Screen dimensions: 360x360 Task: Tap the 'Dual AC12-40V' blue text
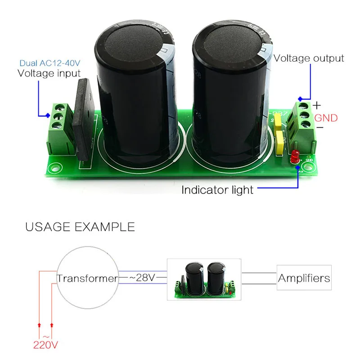49,63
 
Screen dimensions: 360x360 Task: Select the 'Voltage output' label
309,58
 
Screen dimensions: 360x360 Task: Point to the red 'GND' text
326,118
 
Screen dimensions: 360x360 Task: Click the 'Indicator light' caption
217,190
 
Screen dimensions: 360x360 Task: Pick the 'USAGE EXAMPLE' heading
80,226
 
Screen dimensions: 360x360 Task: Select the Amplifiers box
304,278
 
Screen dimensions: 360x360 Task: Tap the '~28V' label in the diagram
142,278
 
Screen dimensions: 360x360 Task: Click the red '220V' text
46,346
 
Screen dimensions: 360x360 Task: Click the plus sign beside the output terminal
317,106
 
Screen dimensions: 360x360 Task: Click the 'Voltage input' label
49,73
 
